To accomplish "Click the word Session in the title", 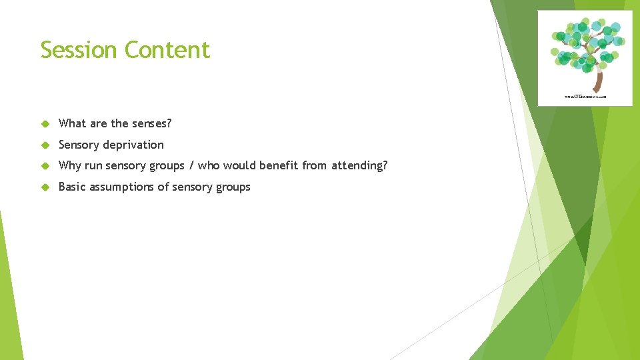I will pyautogui.click(x=79, y=50).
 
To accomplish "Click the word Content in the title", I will pyautogui.click(x=167, y=50).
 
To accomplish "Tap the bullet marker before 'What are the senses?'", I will pyautogui.click(x=45, y=124).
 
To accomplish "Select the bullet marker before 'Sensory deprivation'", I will pyautogui.click(x=45, y=145).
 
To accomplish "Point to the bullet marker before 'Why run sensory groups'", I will pyautogui.click(x=45, y=166).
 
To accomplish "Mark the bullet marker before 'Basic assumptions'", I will pyautogui.click(x=45, y=187).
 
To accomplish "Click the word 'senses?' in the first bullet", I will pyautogui.click(x=151, y=123).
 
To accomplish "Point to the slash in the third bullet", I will pyautogui.click(x=191, y=165).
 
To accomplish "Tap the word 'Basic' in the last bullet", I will pyautogui.click(x=73, y=187).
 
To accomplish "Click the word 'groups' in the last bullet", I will pyautogui.click(x=233, y=187).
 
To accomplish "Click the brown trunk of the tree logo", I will pyautogui.click(x=599, y=81).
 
